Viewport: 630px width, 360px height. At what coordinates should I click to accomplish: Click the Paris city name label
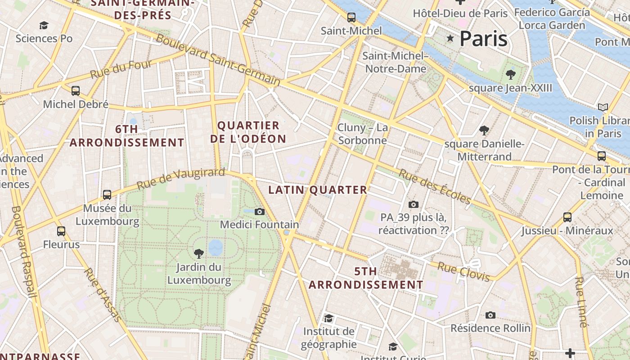(484, 39)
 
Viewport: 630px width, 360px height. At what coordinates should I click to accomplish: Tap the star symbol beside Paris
(450, 38)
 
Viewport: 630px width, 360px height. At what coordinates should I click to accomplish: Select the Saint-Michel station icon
(351, 18)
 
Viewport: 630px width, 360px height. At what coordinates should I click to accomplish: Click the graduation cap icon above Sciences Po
(44, 25)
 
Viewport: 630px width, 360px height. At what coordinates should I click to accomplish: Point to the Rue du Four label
(121, 70)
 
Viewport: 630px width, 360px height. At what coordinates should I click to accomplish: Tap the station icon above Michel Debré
(76, 91)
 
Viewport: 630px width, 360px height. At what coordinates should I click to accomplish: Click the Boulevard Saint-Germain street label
(218, 60)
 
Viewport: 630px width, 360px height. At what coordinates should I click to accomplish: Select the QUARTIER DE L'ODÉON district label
(248, 132)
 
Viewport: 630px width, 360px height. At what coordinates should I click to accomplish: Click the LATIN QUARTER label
(318, 190)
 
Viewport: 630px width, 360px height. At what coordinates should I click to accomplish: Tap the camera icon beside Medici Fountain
(260, 211)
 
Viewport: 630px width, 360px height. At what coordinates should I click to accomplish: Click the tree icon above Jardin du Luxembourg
(198, 254)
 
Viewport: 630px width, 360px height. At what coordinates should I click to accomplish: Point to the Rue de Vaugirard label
(180, 179)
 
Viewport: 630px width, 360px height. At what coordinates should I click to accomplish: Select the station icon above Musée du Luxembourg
(107, 195)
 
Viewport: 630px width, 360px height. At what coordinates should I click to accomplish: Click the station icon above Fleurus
(61, 231)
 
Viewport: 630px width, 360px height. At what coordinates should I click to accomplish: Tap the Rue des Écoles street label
(434, 186)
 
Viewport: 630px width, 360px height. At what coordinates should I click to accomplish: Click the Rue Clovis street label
(463, 272)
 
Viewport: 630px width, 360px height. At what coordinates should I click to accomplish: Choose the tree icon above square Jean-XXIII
(510, 74)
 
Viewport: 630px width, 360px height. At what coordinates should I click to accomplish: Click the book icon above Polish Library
(603, 107)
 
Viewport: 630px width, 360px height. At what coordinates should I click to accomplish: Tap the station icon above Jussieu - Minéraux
(567, 217)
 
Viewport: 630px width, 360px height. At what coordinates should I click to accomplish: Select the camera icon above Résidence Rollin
(490, 315)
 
